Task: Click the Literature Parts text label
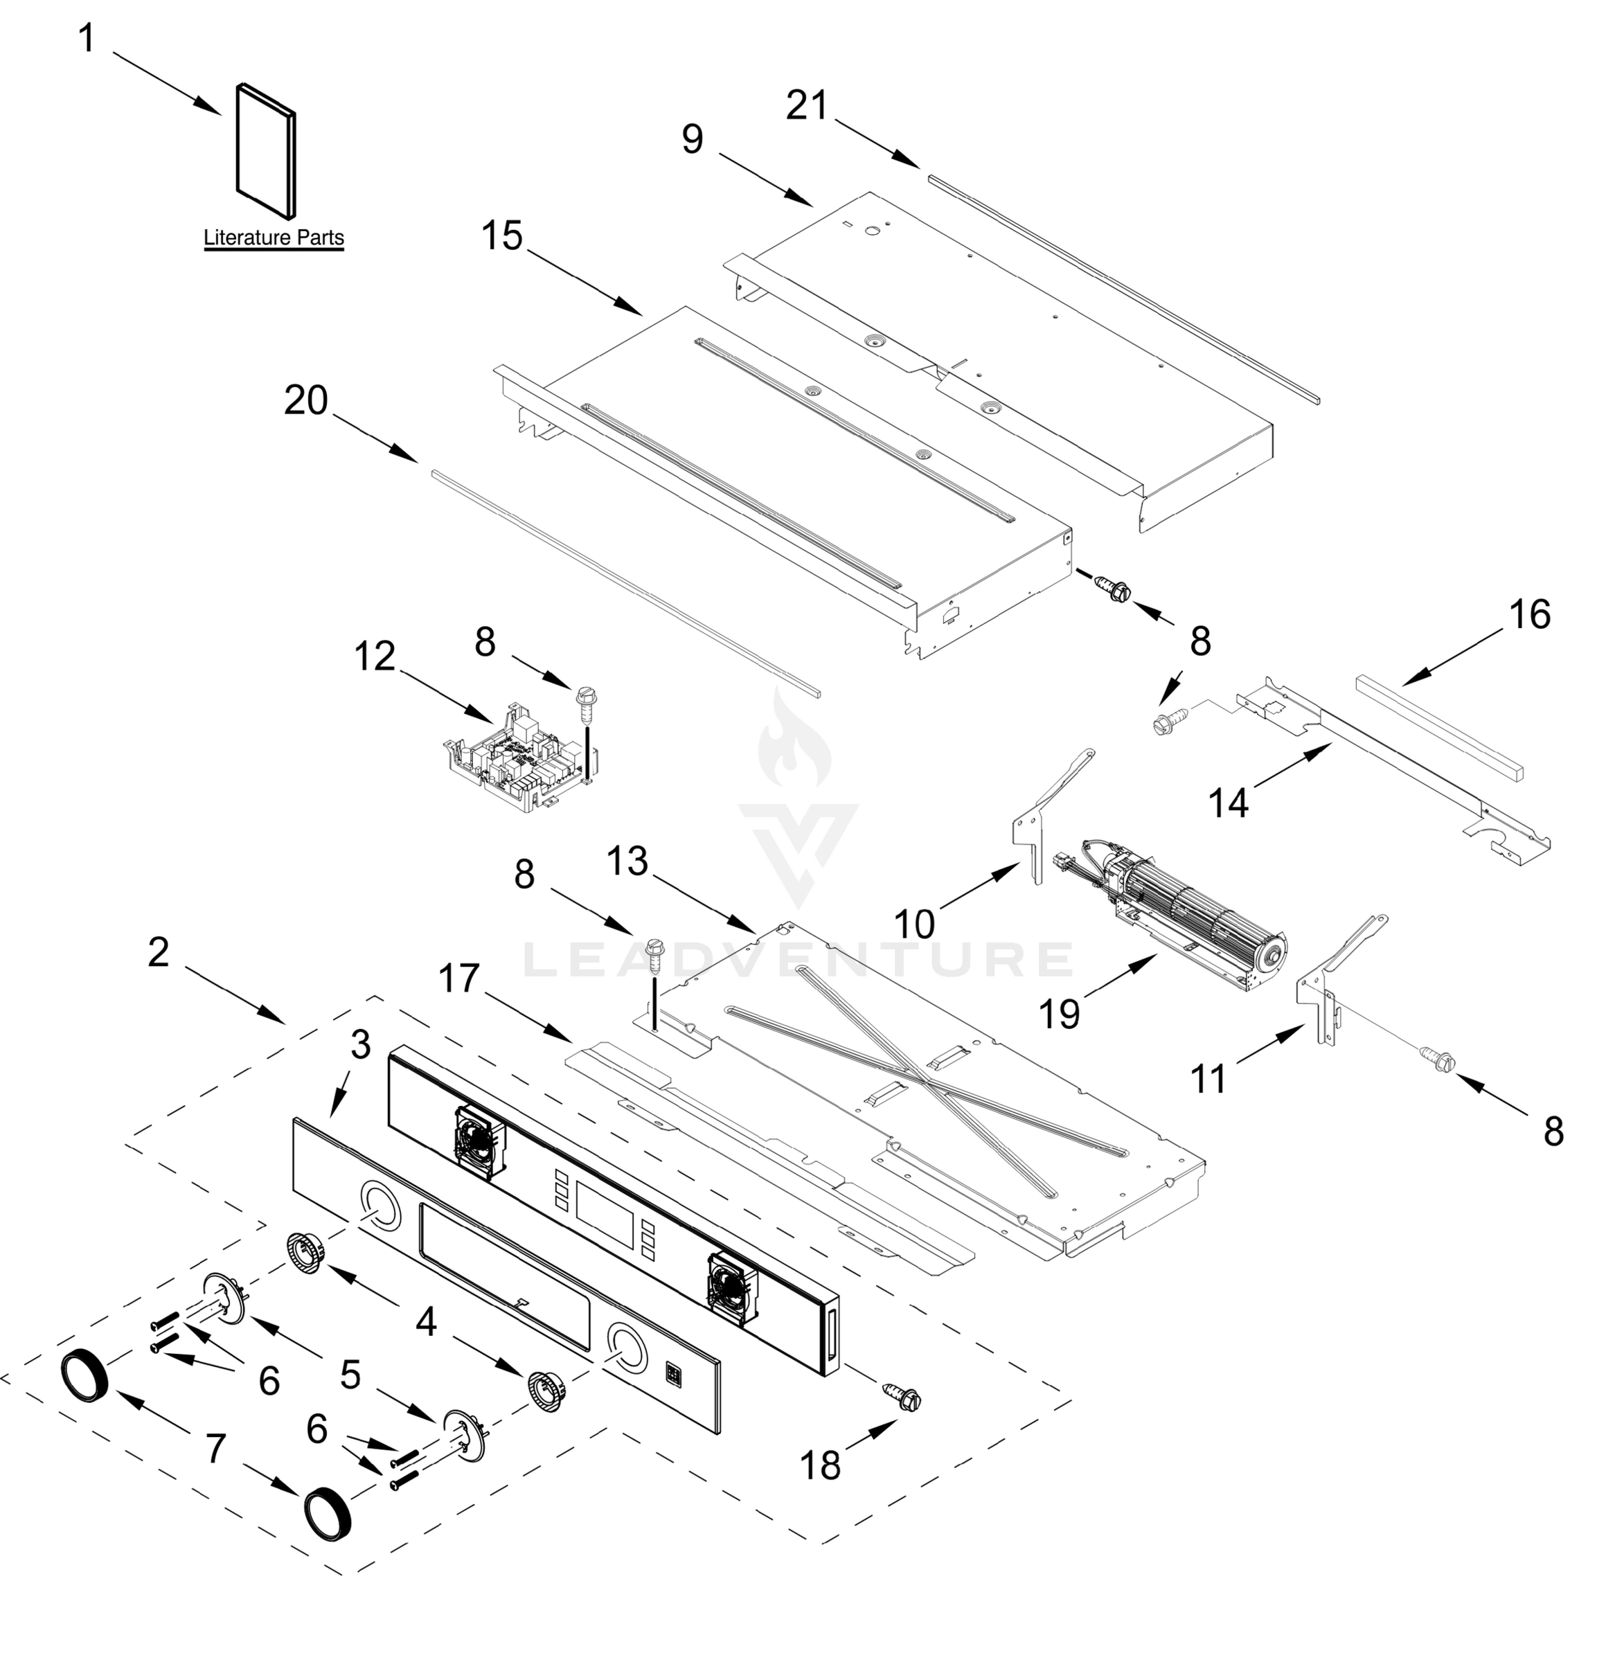click(x=273, y=238)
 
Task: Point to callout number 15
click(x=502, y=235)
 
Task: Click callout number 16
click(x=1529, y=615)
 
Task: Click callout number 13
click(x=627, y=861)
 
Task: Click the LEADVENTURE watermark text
click(x=797, y=960)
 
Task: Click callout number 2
click(x=159, y=952)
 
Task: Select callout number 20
click(x=305, y=400)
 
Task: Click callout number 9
click(x=692, y=138)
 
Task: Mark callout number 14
click(x=1227, y=801)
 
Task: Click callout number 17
click(x=459, y=979)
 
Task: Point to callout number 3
click(x=360, y=1045)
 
